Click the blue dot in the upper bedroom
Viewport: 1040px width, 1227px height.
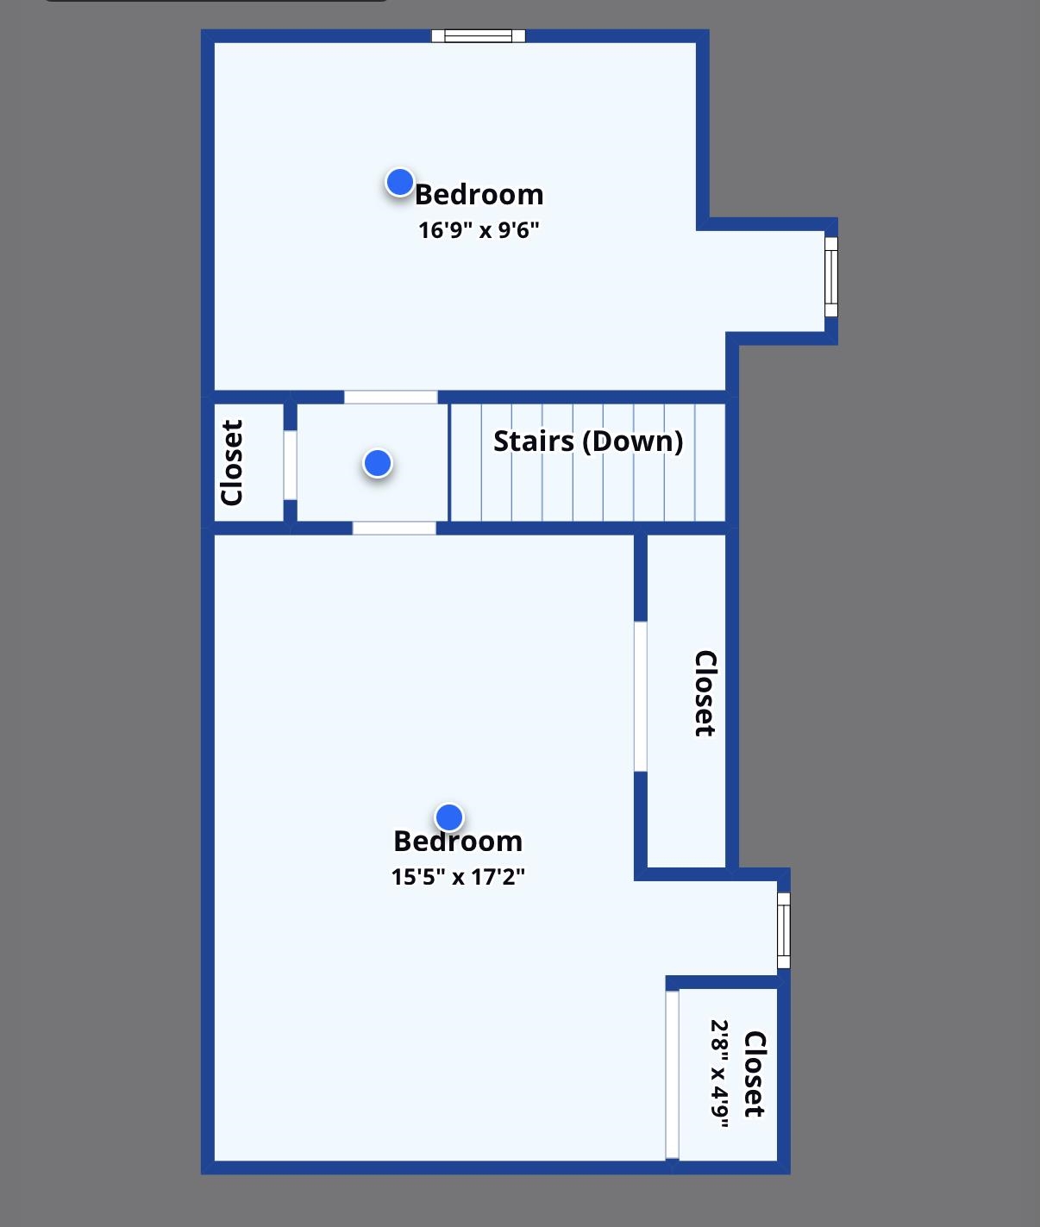tap(399, 182)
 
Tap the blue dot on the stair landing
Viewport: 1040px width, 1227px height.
tap(378, 463)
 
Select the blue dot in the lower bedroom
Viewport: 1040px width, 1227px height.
tap(449, 817)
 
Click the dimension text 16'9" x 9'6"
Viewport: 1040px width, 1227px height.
tap(479, 230)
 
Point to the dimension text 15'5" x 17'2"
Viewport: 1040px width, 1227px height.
tap(458, 877)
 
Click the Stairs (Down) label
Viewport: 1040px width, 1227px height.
tap(588, 441)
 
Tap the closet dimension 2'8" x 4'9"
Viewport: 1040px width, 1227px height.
tap(719, 1074)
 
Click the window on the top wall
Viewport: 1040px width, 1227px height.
tap(479, 36)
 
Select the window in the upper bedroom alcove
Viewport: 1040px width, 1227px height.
tap(831, 278)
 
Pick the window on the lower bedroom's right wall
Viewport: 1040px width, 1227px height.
tap(784, 930)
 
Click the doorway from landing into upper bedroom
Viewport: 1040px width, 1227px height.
tap(391, 398)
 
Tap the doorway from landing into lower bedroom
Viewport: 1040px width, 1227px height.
tap(394, 529)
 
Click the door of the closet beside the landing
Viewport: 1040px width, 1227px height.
tap(291, 465)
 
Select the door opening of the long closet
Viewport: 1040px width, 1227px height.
tap(641, 697)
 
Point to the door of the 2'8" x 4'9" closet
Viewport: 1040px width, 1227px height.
tap(672, 1074)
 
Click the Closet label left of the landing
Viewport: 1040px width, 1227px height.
tap(231, 463)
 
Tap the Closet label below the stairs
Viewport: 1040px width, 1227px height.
tap(705, 693)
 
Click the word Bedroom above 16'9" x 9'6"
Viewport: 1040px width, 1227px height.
tap(479, 195)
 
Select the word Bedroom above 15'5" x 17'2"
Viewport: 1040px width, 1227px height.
tap(458, 842)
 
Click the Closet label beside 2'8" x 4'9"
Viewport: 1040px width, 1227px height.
tap(755, 1074)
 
